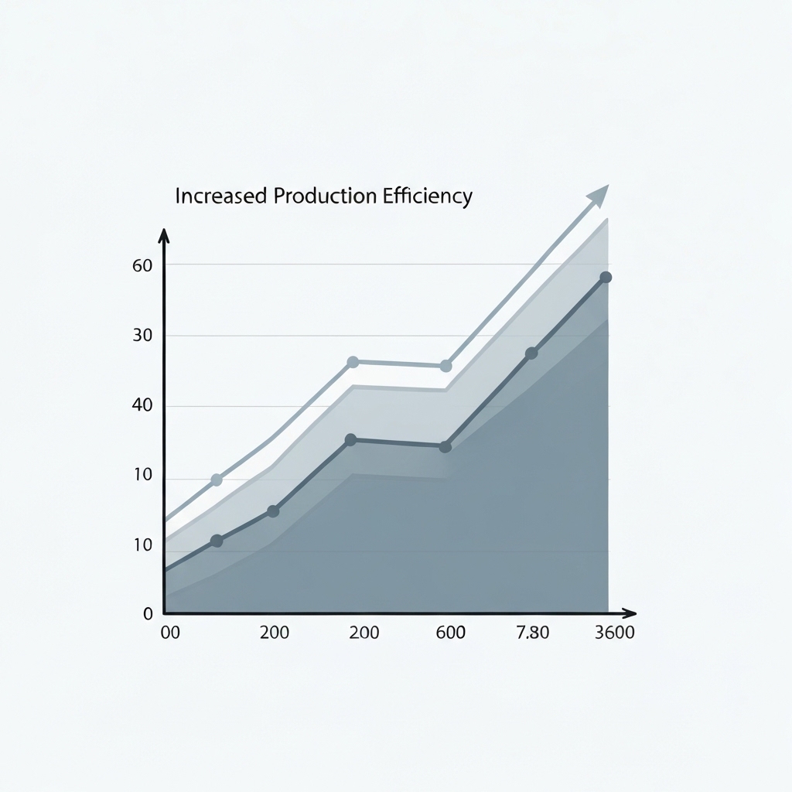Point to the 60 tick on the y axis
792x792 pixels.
(143, 265)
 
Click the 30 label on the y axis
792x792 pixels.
(143, 336)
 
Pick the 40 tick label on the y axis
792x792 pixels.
(143, 405)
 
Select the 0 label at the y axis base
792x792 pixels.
(148, 614)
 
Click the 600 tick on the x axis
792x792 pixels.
(450, 633)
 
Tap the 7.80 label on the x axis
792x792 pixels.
(532, 633)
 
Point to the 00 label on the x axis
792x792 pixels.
(169, 633)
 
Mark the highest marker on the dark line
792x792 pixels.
(606, 278)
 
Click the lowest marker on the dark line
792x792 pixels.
(217, 541)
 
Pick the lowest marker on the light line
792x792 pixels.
(217, 480)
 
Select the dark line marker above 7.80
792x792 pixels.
(531, 353)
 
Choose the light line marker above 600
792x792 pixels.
(445, 366)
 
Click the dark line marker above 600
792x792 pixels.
(445, 446)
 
